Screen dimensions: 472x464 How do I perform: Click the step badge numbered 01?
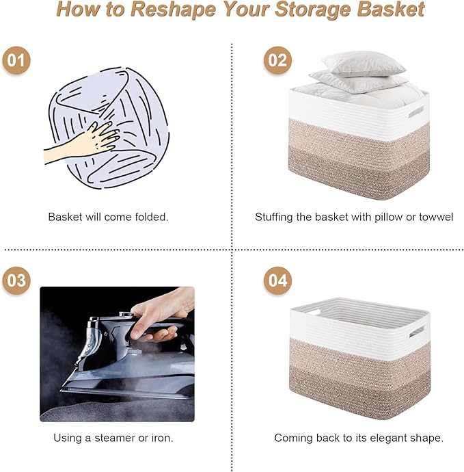[16, 60]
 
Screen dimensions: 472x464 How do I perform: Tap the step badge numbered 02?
[277, 60]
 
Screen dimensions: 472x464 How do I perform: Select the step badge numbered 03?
[16, 280]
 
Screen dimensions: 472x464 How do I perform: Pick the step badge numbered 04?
[277, 280]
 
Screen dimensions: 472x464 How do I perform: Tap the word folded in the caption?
[150, 217]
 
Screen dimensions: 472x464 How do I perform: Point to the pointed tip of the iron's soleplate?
[63, 391]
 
